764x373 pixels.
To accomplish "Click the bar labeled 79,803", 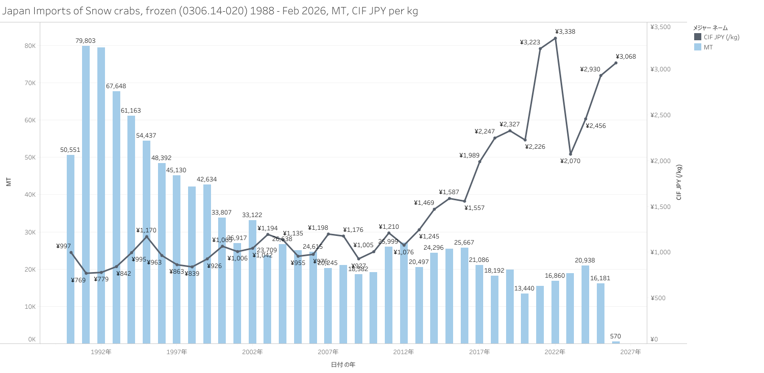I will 86,194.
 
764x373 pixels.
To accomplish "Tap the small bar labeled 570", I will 616,342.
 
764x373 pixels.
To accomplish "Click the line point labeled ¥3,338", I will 555,38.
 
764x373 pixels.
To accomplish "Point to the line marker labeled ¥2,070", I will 570,154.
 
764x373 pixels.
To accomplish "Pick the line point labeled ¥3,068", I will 616,63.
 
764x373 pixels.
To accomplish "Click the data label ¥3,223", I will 530,42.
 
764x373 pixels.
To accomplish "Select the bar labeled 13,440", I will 524,318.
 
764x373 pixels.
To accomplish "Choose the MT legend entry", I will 708,47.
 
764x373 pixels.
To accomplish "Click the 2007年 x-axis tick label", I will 328,352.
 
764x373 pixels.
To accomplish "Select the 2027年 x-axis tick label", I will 630,352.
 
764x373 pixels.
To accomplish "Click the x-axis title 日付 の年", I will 343,364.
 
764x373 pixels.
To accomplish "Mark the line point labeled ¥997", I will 71,252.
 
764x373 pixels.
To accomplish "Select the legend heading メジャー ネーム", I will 710,28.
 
